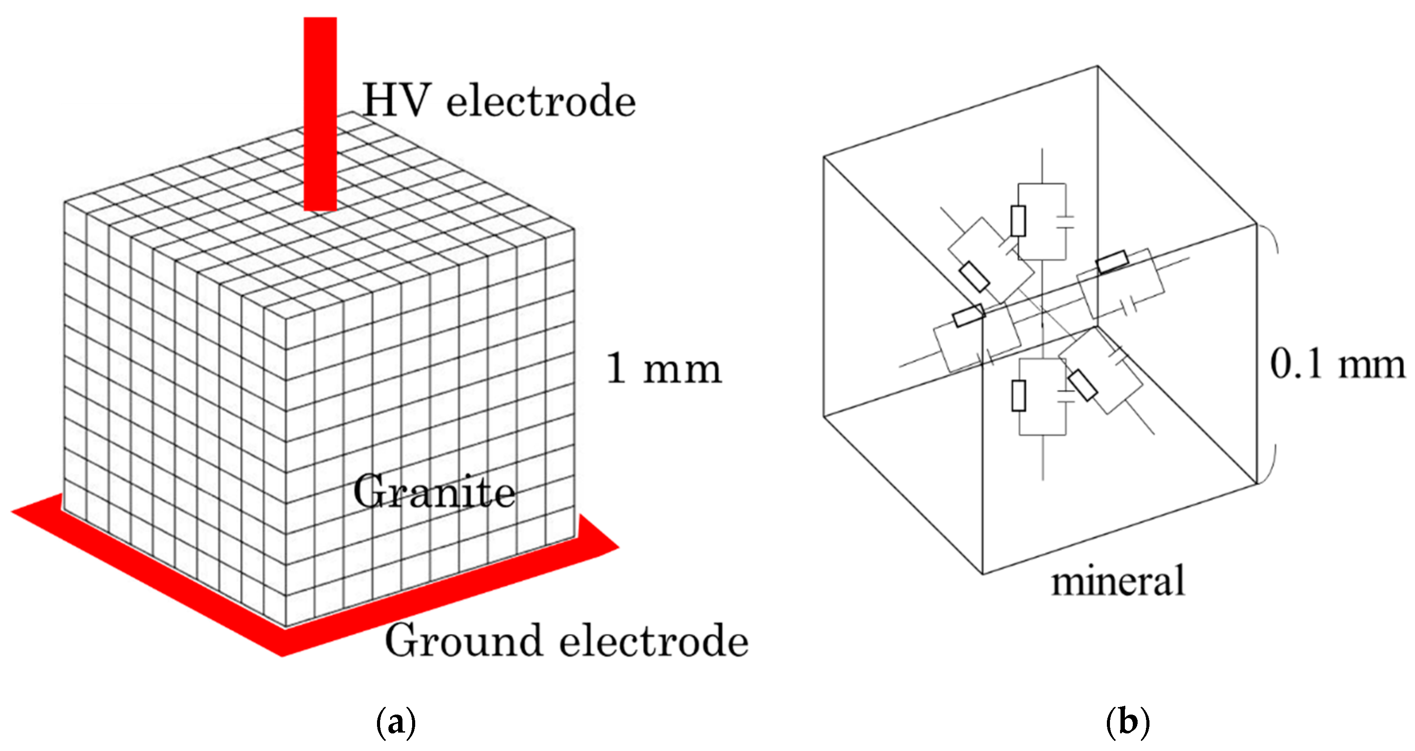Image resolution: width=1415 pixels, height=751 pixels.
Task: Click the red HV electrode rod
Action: click(320, 110)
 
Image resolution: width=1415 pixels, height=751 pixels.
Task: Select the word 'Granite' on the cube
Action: click(434, 491)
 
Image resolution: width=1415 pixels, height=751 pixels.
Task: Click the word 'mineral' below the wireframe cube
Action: click(1118, 581)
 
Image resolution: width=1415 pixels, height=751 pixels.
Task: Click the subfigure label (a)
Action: click(395, 722)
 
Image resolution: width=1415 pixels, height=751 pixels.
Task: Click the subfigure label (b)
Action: click(1127, 722)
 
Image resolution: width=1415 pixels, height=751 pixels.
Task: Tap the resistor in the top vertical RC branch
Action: click(1018, 221)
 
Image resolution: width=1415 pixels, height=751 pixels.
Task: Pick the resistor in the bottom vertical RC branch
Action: click(1018, 395)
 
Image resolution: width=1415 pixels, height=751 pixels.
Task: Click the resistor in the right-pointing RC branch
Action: click(1112, 262)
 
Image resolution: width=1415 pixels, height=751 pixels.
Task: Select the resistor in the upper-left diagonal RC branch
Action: click(974, 277)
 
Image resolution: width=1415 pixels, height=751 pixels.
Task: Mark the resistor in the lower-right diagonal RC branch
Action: click(1083, 385)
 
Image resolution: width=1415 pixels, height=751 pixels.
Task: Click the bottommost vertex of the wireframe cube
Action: click(983, 574)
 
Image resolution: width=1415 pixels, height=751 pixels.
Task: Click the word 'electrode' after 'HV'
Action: click(541, 102)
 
